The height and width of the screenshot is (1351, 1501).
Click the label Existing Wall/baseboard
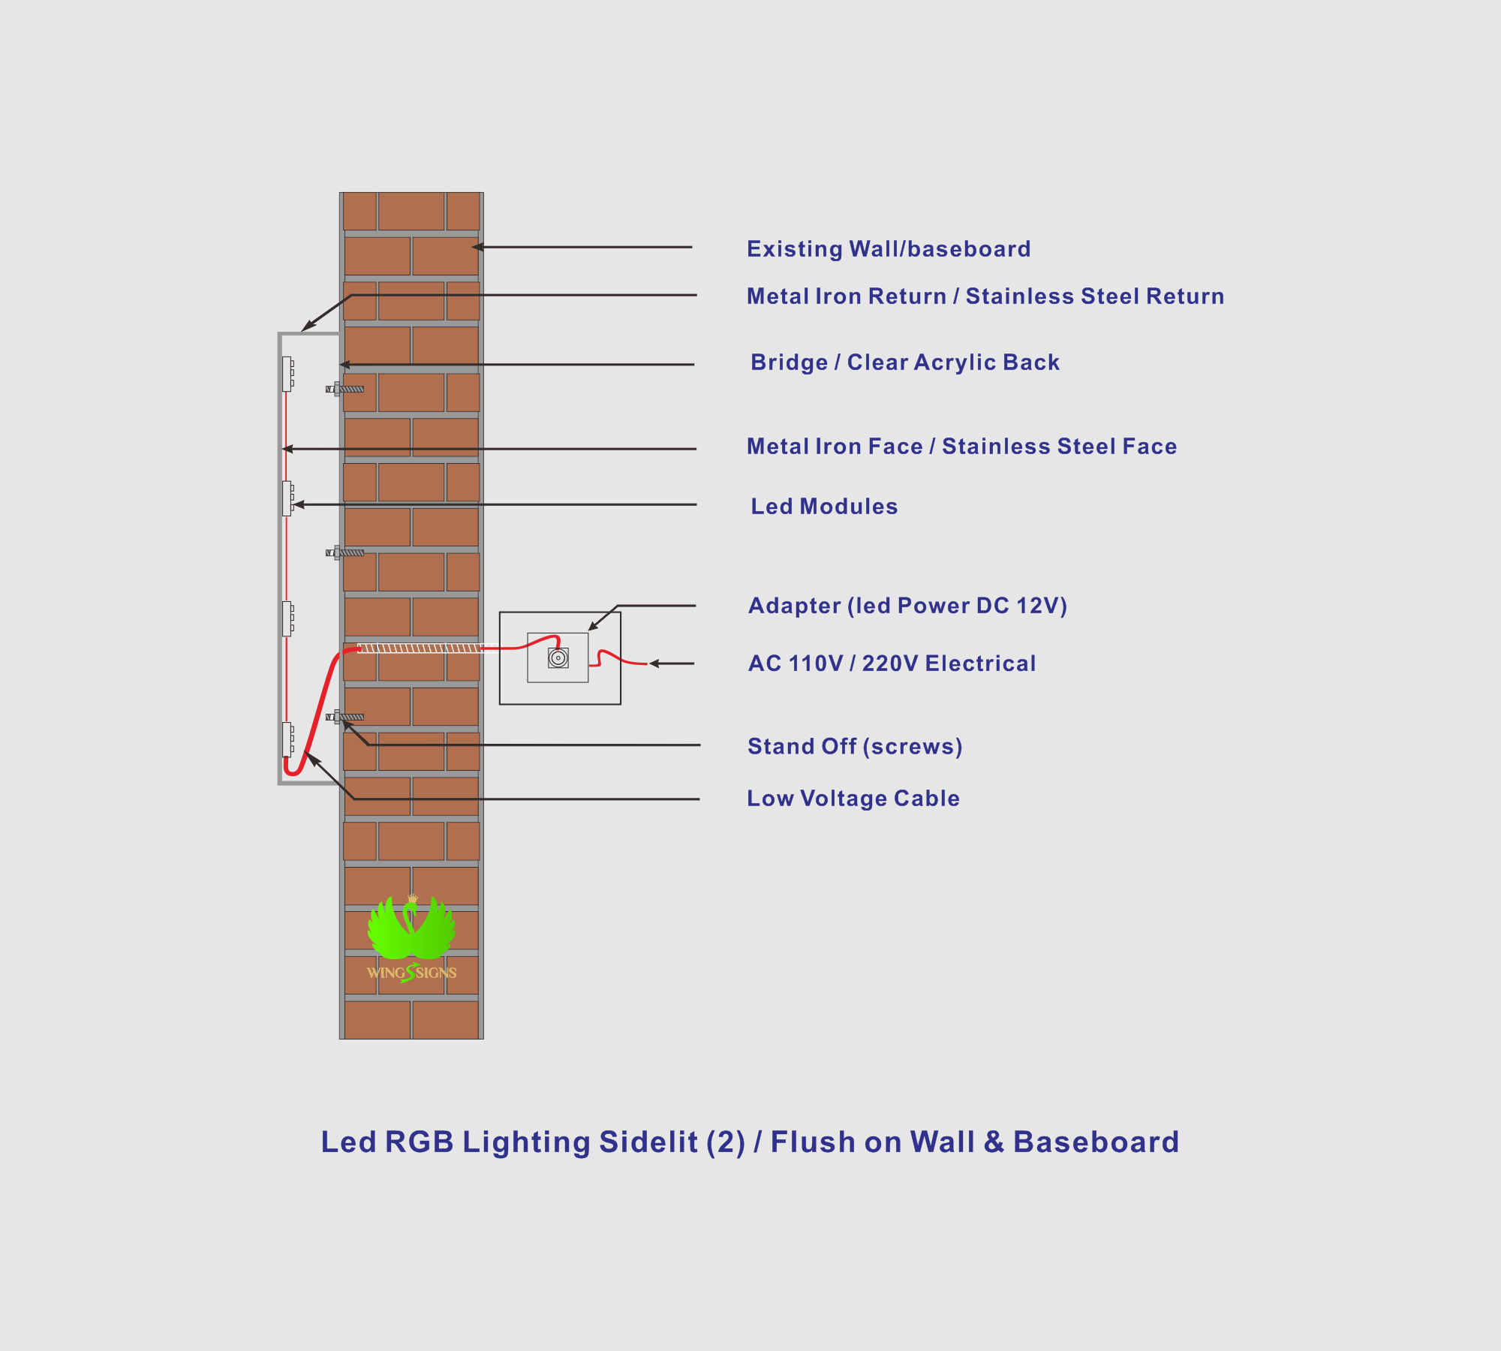(889, 249)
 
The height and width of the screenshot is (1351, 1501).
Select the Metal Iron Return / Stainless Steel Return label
(985, 296)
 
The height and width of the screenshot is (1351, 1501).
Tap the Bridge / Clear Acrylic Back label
(905, 363)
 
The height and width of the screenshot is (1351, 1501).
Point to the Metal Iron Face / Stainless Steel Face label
(961, 447)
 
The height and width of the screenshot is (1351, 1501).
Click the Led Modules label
(824, 507)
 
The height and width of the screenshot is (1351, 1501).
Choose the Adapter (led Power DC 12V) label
(907, 606)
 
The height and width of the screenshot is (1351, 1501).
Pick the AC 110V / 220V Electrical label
(892, 663)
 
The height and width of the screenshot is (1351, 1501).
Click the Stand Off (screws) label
(855, 747)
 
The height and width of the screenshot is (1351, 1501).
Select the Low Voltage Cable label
(853, 799)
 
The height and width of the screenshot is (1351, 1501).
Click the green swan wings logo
(411, 928)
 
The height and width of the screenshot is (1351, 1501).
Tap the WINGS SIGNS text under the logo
(411, 973)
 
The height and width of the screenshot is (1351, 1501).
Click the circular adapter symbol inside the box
(558, 658)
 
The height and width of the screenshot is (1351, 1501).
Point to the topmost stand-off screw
(344, 389)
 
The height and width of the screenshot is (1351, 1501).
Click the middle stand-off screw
(344, 552)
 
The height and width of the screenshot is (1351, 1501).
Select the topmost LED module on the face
(287, 374)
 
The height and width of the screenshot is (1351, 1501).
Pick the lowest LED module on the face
(287, 739)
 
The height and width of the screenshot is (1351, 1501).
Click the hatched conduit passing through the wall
(421, 648)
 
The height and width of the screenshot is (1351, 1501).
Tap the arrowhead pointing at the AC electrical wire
(654, 663)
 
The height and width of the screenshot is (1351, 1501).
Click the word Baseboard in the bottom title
(1096, 1142)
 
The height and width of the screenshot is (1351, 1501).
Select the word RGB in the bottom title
(420, 1142)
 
